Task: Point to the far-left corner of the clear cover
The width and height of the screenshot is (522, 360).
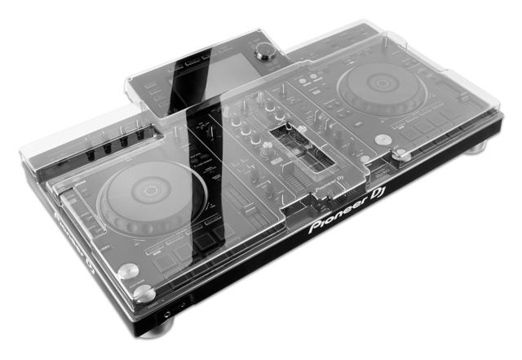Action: [18, 153]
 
